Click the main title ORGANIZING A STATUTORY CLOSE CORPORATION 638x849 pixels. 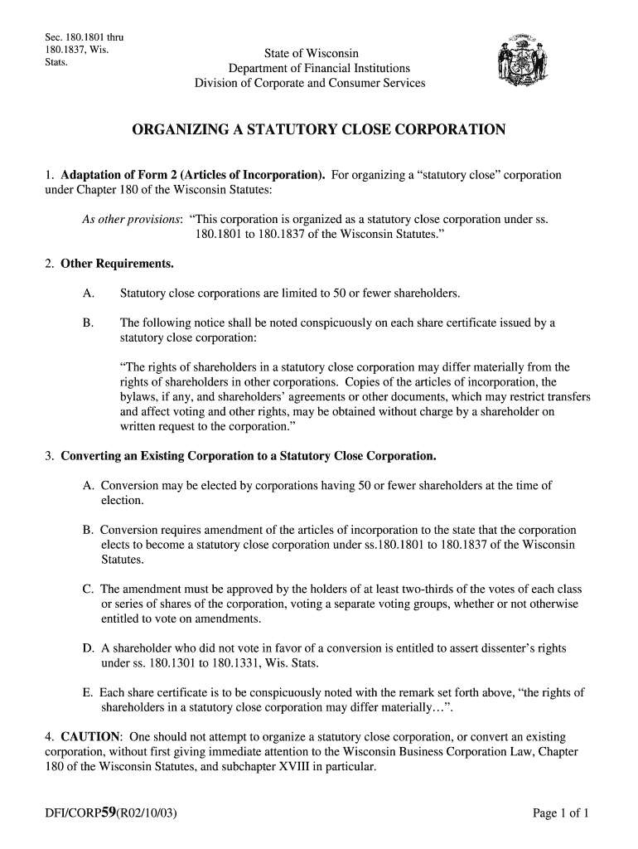pos(319,130)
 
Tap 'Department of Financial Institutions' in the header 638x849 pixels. pos(319,69)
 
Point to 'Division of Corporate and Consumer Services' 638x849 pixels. pos(310,83)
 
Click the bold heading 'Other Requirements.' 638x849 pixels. pos(118,264)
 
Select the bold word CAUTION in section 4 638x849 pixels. pos(91,737)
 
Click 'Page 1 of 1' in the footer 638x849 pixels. pos(560,813)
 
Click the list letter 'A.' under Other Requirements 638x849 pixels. pos(88,294)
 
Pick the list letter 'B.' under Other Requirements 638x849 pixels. pos(88,323)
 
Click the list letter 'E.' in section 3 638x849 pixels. pos(87,693)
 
